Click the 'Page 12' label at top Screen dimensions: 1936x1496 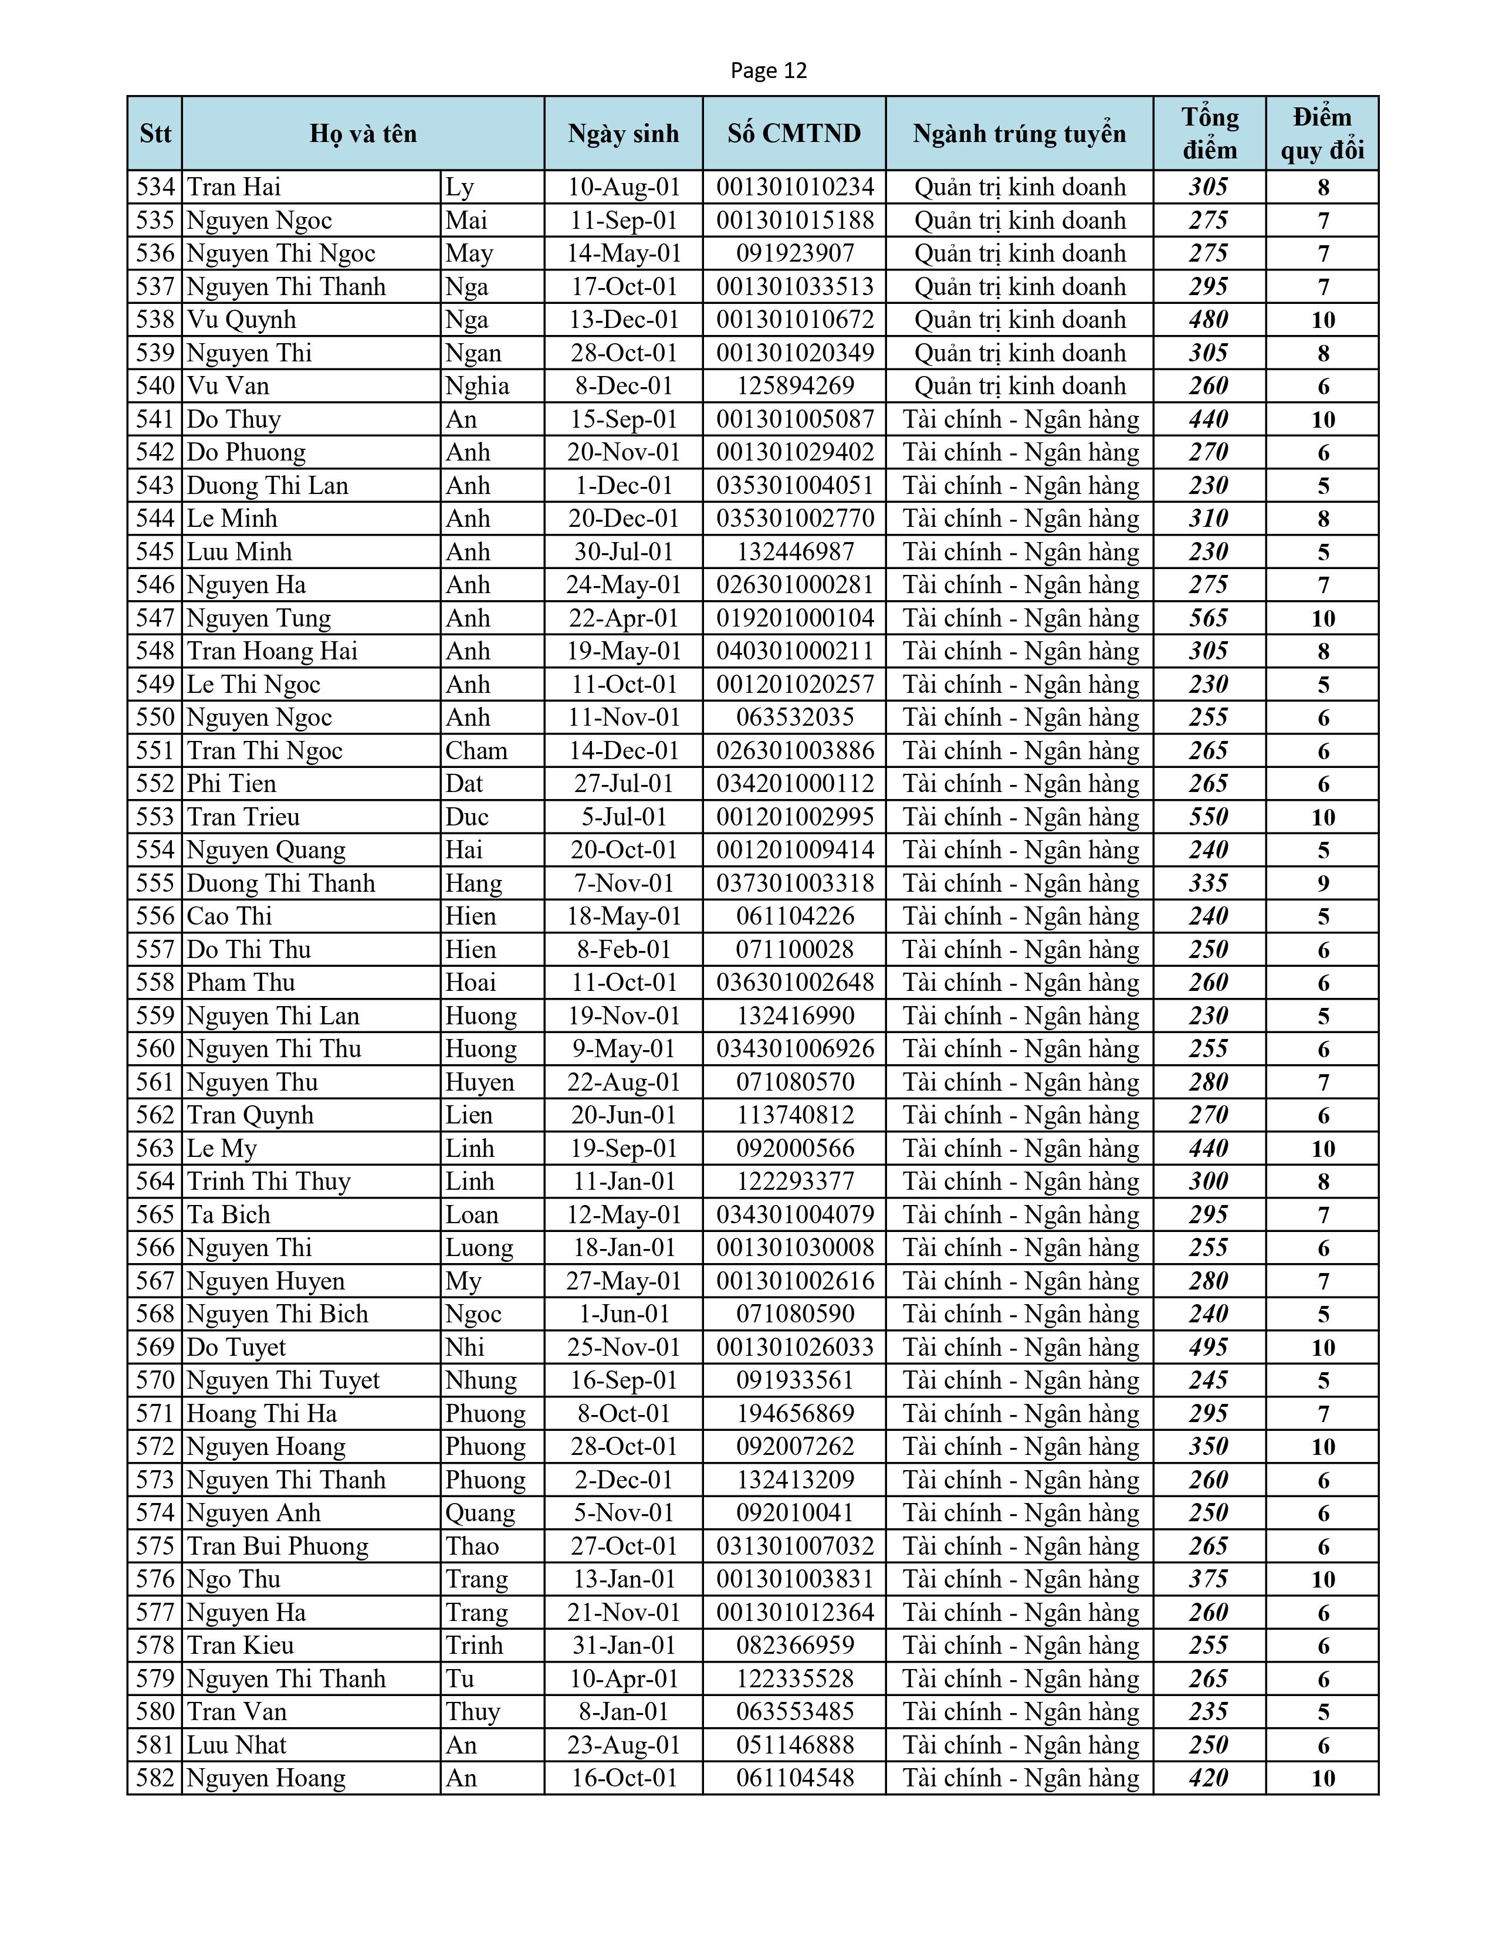coord(769,71)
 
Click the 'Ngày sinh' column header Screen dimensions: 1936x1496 coord(623,134)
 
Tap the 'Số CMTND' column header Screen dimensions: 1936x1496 coord(794,134)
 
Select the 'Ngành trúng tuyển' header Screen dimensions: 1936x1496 coord(1019,134)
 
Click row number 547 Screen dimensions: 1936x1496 coord(155,618)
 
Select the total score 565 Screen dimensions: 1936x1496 coord(1209,618)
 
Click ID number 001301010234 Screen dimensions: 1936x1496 coord(795,187)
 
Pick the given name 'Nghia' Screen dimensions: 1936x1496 coord(477,387)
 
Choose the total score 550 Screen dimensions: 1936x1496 coord(1209,817)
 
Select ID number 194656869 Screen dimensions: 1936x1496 coord(795,1414)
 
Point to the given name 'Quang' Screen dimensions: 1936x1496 coord(479,1513)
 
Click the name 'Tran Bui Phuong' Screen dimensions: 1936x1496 coord(277,1546)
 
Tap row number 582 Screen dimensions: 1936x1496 coord(155,1778)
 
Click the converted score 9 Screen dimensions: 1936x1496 coord(1323,884)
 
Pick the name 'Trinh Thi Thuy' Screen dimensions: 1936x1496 coord(269,1182)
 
